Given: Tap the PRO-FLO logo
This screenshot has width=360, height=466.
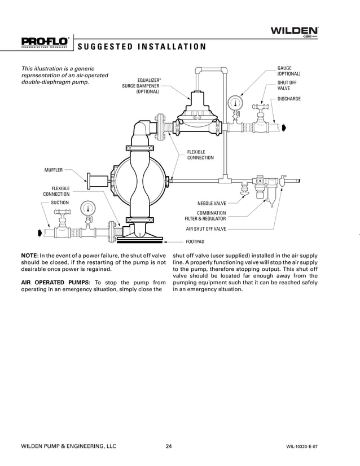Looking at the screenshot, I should (x=45, y=41).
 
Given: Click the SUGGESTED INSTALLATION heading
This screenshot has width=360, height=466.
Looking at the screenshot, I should (x=141, y=46).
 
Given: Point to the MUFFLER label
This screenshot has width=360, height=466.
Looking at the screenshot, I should (x=54, y=169).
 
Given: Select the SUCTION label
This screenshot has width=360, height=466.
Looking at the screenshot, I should (x=60, y=202).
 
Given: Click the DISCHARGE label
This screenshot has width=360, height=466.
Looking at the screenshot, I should (x=289, y=99).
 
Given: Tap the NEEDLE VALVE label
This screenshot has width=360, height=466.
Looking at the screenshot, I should (x=212, y=203).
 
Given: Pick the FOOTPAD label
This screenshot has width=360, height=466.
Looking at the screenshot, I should (x=196, y=241).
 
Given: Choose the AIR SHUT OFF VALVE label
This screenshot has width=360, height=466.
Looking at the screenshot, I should (x=206, y=229).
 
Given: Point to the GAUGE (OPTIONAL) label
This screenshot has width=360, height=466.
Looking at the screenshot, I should (x=288, y=71).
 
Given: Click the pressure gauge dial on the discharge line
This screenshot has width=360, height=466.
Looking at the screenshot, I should (x=234, y=103).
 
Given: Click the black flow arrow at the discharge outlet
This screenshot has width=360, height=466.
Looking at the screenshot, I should (x=284, y=128).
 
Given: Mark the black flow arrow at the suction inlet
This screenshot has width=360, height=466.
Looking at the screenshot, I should (x=39, y=232).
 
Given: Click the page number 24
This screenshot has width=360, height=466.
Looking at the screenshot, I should (x=169, y=446).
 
